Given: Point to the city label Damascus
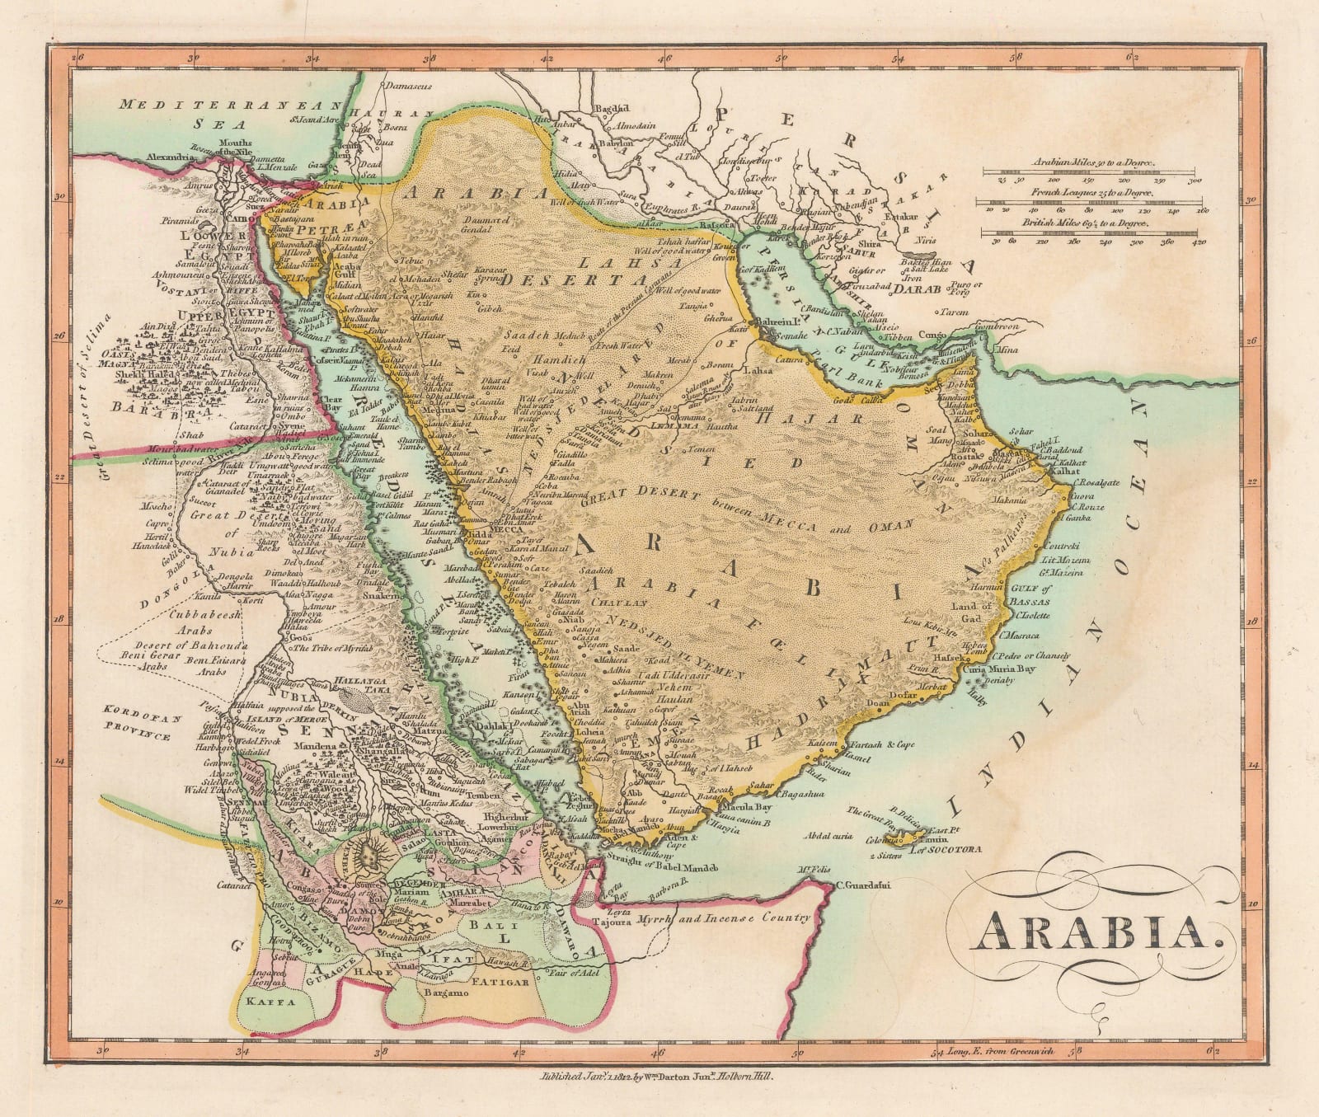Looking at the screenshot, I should click(x=411, y=85).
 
